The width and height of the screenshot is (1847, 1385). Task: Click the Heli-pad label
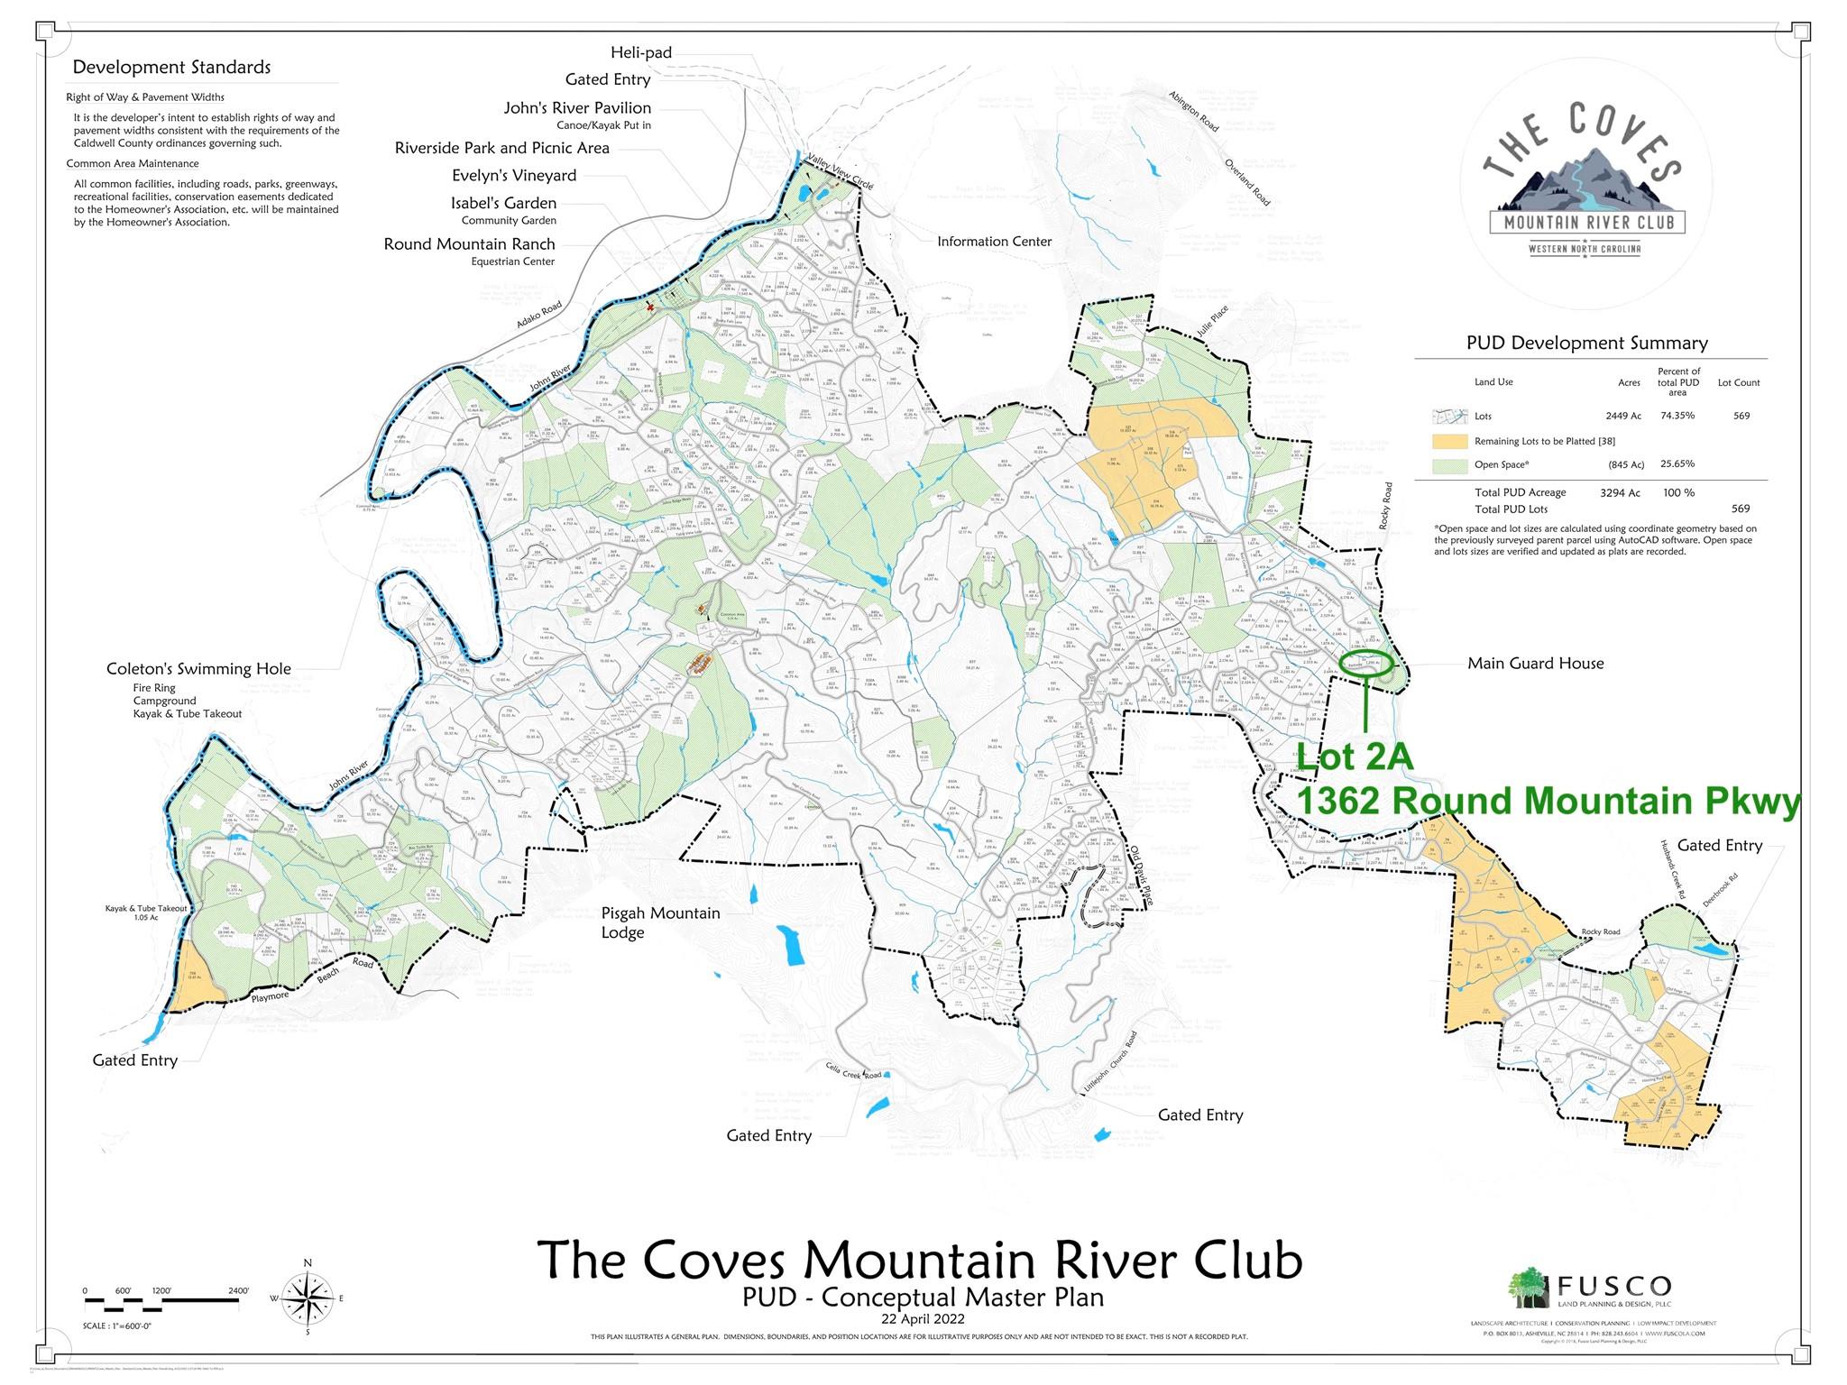640,52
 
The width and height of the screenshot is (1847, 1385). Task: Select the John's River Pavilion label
577,107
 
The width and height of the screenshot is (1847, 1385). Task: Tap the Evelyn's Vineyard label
513,175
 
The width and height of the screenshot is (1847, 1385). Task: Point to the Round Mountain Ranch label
469,243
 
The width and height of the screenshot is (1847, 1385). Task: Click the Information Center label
994,241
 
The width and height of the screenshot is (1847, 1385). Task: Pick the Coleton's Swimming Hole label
198,668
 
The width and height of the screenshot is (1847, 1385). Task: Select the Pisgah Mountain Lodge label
660,922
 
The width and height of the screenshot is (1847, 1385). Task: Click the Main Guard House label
1535,663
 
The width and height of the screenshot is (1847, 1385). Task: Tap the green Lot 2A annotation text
1355,757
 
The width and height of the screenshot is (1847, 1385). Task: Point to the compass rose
308,1298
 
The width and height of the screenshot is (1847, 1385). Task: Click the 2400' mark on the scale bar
239,1291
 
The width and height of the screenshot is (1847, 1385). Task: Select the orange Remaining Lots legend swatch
1449,441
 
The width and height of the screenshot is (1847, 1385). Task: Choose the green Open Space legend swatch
1449,465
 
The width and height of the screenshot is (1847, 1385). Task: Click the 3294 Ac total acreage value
1620,492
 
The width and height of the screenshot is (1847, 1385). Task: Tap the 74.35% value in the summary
1677,416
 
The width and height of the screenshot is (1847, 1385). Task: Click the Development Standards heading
171,67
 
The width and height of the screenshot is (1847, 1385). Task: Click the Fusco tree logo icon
1529,1288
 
